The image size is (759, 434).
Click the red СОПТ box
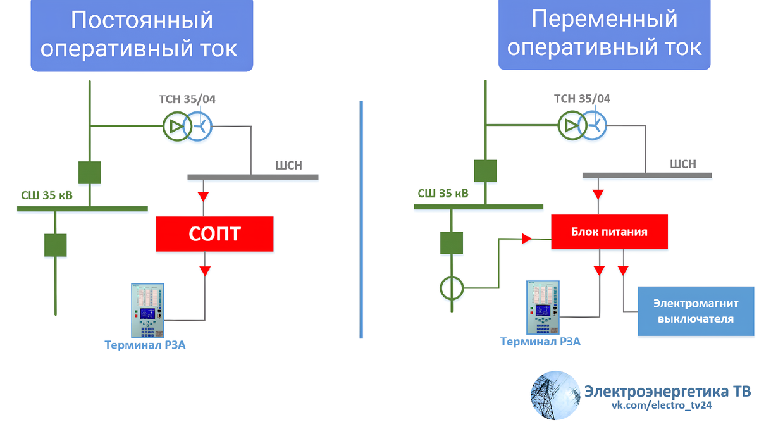coord(214,234)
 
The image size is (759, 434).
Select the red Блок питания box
coord(608,232)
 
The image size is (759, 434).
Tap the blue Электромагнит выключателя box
coord(695,311)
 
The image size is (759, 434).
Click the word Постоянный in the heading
coord(141,20)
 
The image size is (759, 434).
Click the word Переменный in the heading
coord(604,19)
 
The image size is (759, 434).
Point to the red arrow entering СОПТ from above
coord(204,196)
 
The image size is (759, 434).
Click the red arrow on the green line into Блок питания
coord(526,239)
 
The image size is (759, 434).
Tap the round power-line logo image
coord(554,395)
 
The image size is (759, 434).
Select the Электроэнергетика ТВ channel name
coord(667,390)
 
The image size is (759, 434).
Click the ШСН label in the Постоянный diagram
coord(289,166)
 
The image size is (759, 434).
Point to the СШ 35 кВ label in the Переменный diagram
coord(443,193)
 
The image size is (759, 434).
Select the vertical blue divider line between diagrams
coord(361,218)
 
